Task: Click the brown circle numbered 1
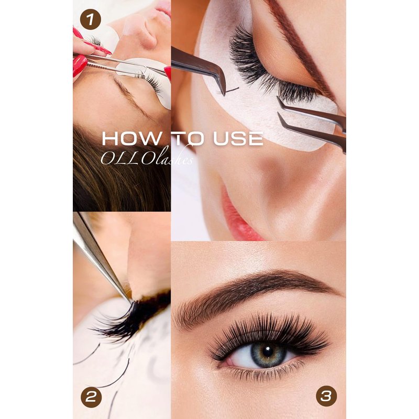pyautogui.click(x=90, y=19)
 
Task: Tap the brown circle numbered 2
pyautogui.click(x=91, y=397)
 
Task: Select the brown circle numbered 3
pyautogui.click(x=326, y=396)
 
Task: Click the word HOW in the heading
pyautogui.click(x=132, y=139)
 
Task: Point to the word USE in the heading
pyautogui.click(x=238, y=139)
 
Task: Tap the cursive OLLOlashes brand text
pyautogui.click(x=147, y=158)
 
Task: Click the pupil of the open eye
pyautogui.click(x=268, y=352)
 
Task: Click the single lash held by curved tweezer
pyautogui.click(x=232, y=90)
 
